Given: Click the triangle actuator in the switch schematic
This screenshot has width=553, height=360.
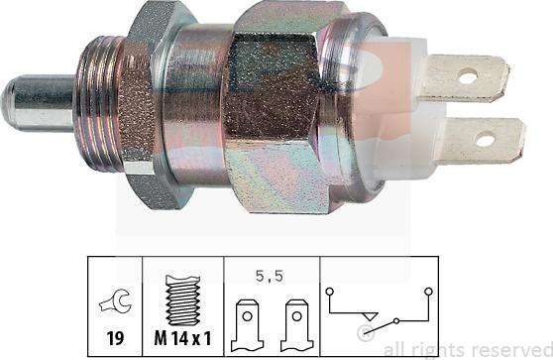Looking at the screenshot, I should tap(369, 325).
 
